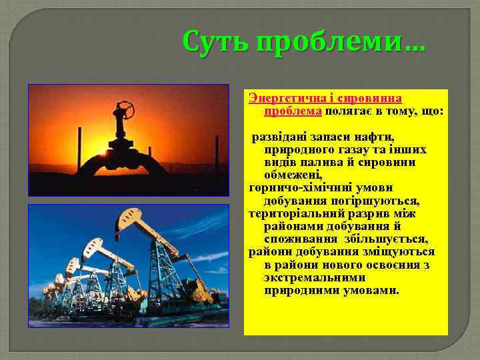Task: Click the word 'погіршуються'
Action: pyautogui.click(x=379, y=201)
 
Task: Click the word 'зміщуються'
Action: pyautogui.click(x=401, y=252)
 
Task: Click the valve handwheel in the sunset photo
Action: pyautogui.click(x=124, y=107)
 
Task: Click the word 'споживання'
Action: pyautogui.click(x=301, y=239)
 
